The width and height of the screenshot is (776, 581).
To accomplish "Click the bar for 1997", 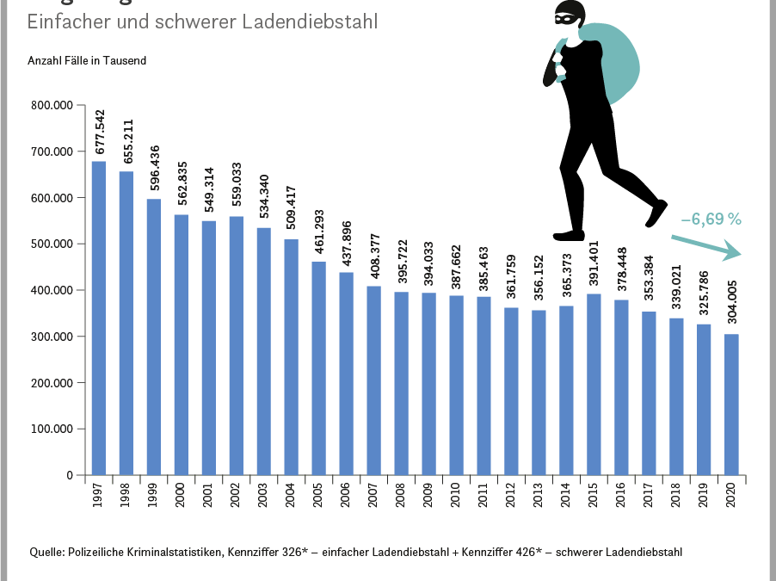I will (x=99, y=318).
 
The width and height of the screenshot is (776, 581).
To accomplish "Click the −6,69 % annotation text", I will (x=711, y=219).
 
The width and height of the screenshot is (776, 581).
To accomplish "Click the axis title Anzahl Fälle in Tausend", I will (x=87, y=61).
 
